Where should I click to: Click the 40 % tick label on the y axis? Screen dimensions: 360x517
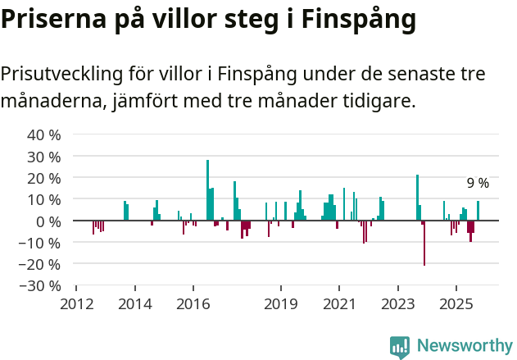(44, 134)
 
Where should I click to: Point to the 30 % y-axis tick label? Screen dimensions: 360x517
(44, 156)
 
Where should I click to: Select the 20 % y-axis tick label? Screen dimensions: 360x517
(44, 178)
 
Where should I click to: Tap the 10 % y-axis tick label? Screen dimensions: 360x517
(44, 199)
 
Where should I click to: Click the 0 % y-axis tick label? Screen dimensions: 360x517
(48, 221)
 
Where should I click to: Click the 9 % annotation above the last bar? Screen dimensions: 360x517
(478, 183)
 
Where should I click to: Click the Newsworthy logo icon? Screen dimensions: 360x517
(400, 347)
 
